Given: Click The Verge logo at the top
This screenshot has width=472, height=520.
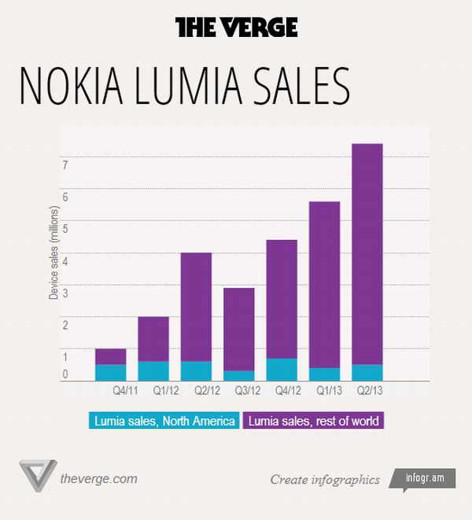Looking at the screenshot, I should (x=236, y=28).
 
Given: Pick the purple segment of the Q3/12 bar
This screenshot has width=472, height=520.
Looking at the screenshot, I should (x=238, y=329).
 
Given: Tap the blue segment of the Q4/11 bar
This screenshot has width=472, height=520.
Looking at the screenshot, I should (x=110, y=372).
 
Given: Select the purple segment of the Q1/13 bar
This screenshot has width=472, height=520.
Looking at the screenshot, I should (x=324, y=284).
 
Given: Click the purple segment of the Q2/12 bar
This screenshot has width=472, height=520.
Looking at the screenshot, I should (x=196, y=307).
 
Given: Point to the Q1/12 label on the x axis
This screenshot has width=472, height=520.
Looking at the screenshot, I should (x=153, y=389).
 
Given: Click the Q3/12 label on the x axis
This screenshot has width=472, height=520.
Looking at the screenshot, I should (x=238, y=389).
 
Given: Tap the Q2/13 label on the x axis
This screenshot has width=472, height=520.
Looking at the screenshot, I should (x=367, y=389).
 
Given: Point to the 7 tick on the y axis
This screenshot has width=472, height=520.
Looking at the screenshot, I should (x=65, y=164).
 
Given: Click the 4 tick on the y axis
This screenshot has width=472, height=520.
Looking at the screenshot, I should (x=65, y=260).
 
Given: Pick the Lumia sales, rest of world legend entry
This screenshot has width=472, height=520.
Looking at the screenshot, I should (x=313, y=421).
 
